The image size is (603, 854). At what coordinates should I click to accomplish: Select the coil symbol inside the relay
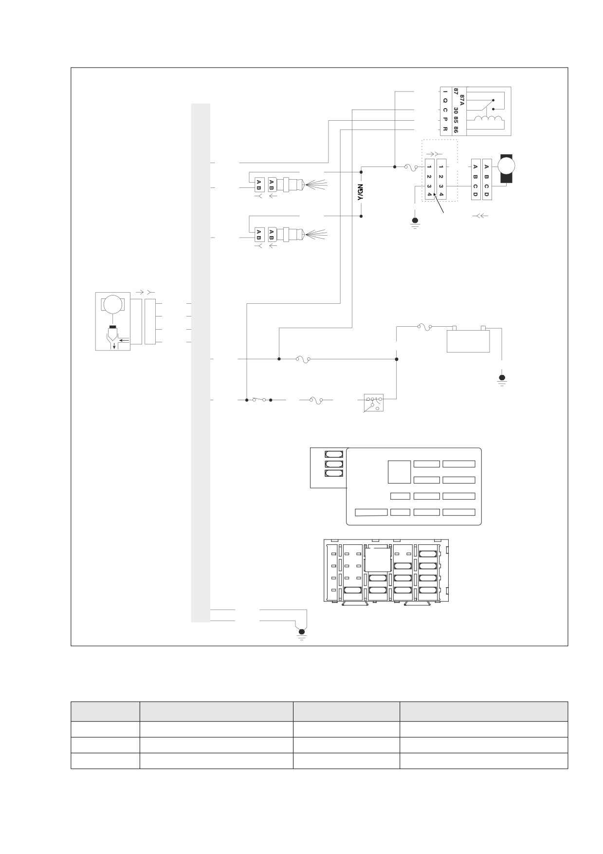tap(488, 119)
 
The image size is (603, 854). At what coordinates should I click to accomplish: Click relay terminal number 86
tap(456, 130)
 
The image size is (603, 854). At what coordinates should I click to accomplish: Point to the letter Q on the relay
tap(445, 100)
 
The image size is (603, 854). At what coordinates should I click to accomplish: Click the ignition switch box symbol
tap(373, 402)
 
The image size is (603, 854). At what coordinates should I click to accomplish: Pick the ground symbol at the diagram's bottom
tap(302, 633)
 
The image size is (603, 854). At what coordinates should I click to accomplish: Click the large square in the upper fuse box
tap(399, 472)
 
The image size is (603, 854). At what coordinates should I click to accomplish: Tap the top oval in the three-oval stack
tap(334, 454)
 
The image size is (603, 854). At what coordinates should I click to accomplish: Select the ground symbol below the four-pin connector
tap(415, 223)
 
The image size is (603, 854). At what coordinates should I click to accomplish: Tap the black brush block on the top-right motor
tap(506, 179)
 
